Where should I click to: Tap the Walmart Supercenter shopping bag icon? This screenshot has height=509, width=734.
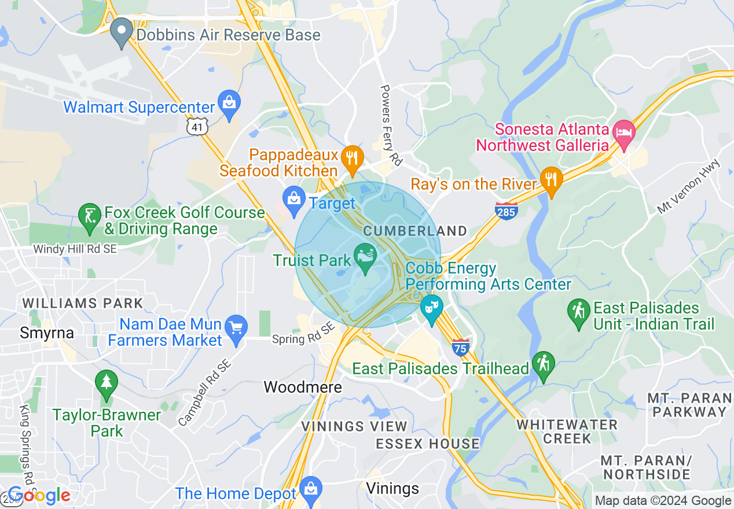(x=230, y=102)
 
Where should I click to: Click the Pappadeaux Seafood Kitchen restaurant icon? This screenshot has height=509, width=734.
(x=351, y=156)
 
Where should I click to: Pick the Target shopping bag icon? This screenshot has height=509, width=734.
(x=295, y=198)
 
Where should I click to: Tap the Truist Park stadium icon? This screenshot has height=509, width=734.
(x=365, y=255)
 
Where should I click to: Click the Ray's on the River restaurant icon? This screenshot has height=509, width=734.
(x=551, y=179)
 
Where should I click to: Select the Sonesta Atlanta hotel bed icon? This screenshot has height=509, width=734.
(x=624, y=130)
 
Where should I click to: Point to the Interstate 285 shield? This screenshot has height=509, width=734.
(x=506, y=211)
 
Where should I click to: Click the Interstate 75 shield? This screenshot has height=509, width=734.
(x=460, y=347)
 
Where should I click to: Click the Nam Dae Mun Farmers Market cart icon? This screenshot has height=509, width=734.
(x=236, y=327)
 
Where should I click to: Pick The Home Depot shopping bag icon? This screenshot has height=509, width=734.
(x=311, y=489)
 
